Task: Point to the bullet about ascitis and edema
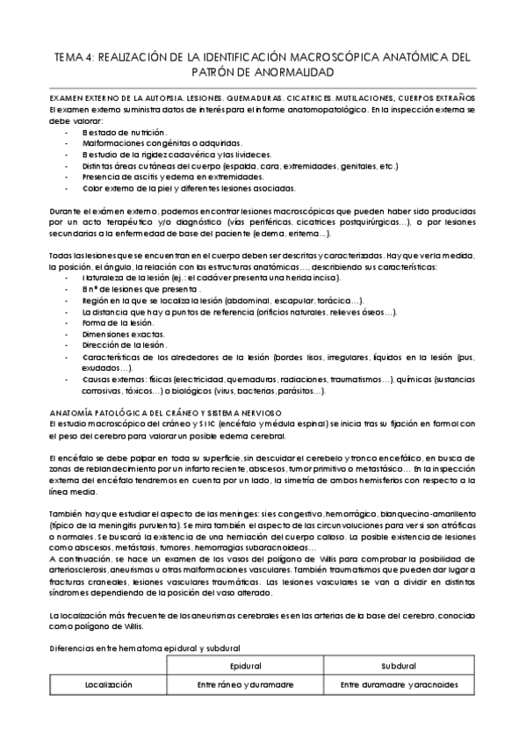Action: pos(177,176)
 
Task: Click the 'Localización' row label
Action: pos(108,684)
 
